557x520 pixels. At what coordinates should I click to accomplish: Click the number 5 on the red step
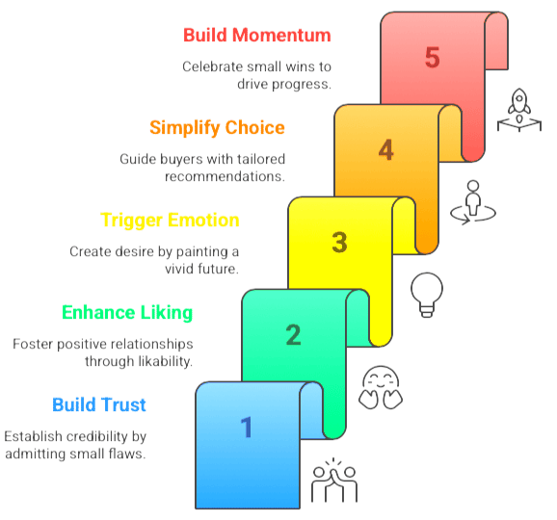[433, 57]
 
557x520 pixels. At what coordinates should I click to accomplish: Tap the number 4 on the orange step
[386, 150]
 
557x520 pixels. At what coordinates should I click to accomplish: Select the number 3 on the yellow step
[339, 243]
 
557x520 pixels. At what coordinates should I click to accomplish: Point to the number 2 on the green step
[293, 335]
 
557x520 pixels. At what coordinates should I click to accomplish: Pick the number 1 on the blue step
[247, 427]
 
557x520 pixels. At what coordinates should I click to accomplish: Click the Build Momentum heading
[257, 35]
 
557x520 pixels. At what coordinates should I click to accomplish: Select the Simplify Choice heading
[217, 128]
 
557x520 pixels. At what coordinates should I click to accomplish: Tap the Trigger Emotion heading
[170, 221]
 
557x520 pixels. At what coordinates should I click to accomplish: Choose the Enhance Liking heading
[127, 313]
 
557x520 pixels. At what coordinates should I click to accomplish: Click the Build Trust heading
[99, 404]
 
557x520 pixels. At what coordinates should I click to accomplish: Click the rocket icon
[519, 110]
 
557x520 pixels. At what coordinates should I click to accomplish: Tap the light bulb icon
[427, 295]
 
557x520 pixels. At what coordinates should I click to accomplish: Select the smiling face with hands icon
[381, 387]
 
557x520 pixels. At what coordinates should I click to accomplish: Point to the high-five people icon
[334, 480]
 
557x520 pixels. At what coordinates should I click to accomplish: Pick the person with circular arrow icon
[473, 202]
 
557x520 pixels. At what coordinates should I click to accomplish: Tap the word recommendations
[225, 176]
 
